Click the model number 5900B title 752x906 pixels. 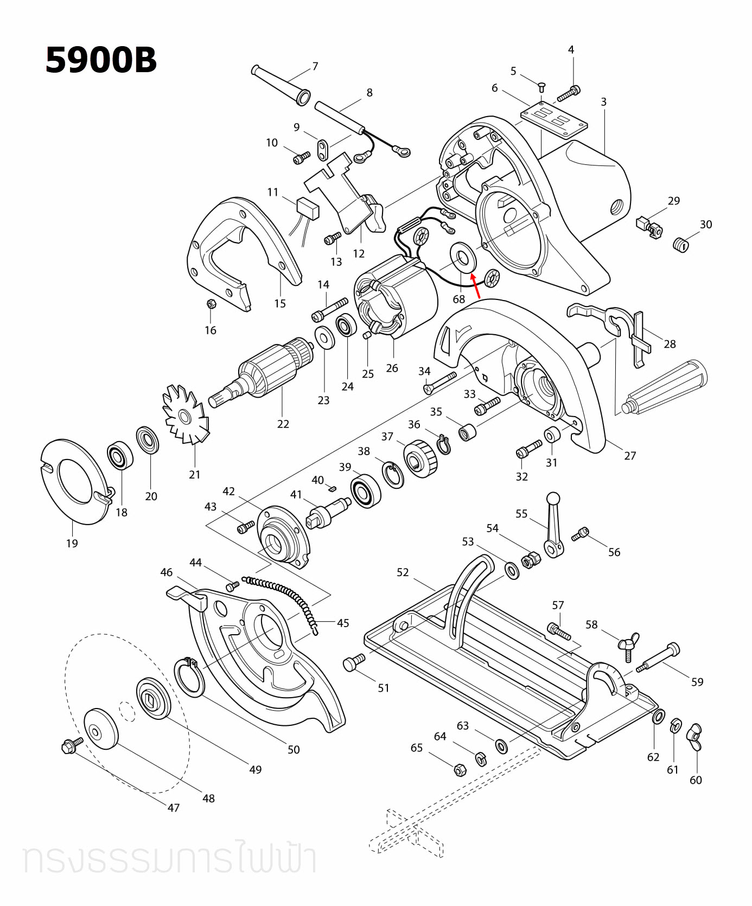101,60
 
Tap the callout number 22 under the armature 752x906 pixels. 283,424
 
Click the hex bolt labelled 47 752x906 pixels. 72,747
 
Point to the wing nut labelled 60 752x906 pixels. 695,737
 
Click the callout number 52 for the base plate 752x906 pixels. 403,572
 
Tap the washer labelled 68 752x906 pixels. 463,257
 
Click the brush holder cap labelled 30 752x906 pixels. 680,245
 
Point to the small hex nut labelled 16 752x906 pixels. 212,304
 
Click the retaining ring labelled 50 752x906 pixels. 189,677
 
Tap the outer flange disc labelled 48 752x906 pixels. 101,729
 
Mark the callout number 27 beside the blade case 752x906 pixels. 629,456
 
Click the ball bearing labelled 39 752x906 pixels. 366,490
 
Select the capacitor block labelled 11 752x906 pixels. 308,208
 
